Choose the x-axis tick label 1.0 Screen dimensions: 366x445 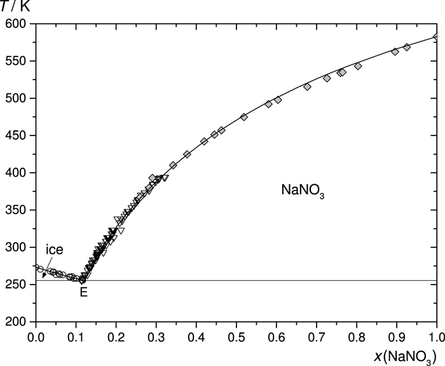(x=437, y=334)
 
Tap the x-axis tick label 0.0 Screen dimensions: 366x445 (x=36, y=334)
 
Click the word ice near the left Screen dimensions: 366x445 (x=54, y=250)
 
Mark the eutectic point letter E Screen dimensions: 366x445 (x=83, y=293)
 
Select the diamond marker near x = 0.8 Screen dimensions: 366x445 (x=358, y=66)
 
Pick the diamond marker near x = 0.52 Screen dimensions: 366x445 (x=244, y=117)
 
